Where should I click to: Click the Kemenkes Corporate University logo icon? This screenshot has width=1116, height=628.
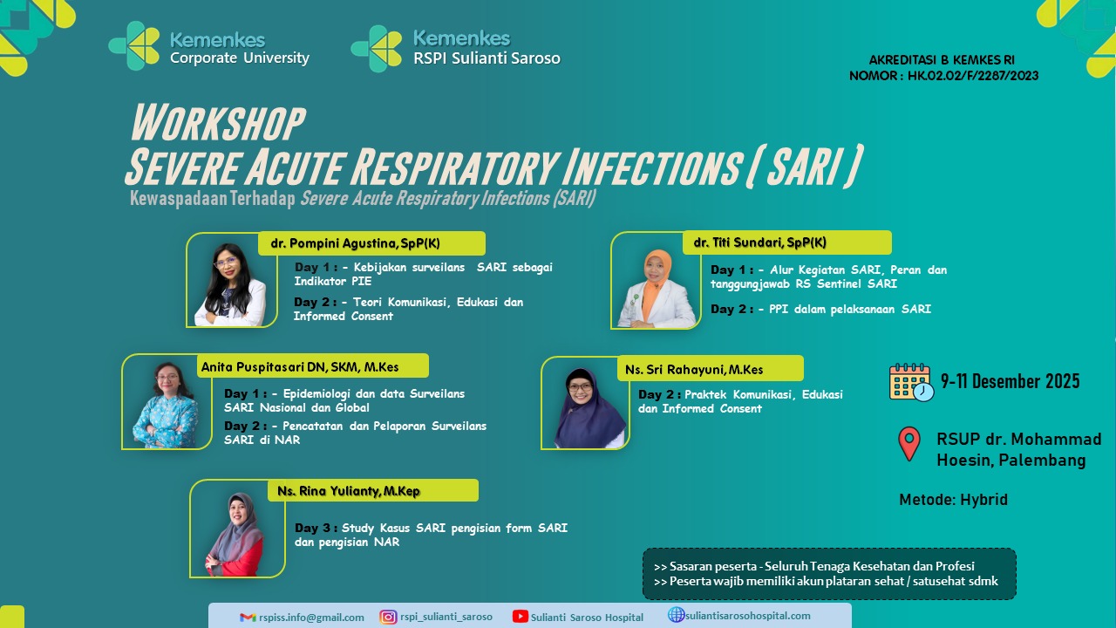134,45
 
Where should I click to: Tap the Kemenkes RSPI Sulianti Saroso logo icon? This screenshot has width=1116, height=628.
377,48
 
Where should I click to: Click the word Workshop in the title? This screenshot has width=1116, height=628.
218,123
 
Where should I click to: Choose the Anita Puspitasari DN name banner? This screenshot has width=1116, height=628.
313,366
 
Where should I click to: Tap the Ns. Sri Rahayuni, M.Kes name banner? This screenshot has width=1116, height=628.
711,369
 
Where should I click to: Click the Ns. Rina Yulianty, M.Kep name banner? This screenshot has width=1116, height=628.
373,490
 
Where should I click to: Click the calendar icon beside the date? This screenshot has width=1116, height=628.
911,382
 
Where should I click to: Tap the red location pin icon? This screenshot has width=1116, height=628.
909,443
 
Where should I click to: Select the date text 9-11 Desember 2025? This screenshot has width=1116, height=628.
1010,381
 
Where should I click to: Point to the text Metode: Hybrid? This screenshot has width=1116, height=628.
953,500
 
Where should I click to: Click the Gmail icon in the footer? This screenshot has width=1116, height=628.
248,618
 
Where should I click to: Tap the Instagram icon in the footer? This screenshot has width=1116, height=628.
388,617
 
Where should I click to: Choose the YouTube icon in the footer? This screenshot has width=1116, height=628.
521,617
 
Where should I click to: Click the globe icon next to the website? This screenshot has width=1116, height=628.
676,615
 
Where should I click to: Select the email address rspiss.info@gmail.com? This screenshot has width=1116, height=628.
311,618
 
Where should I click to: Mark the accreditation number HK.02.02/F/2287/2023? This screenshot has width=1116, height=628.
973,76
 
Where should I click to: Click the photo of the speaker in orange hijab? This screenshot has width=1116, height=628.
657,288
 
